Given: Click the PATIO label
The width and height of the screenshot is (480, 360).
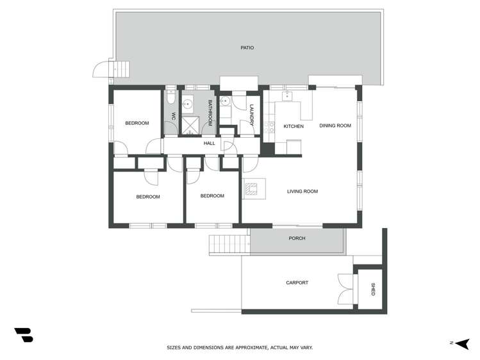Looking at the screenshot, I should pyautogui.click(x=247, y=47).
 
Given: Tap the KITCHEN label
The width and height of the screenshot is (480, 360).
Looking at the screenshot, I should pyautogui.click(x=294, y=126).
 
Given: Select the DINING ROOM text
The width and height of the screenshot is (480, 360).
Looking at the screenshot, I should pyautogui.click(x=335, y=126).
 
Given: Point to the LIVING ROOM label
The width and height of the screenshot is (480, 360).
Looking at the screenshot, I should pyautogui.click(x=302, y=192).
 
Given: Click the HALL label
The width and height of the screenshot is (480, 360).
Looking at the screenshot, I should pyautogui.click(x=209, y=143).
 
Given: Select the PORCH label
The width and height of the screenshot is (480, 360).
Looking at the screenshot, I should pyautogui.click(x=297, y=238).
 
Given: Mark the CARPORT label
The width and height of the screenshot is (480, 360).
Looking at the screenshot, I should pyautogui.click(x=297, y=282).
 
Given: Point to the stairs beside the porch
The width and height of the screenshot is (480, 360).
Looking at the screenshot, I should pyautogui.click(x=228, y=245).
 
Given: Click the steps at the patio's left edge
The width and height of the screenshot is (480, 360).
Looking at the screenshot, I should pyautogui.click(x=120, y=68).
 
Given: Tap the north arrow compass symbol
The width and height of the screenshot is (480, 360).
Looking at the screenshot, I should pyautogui.click(x=461, y=343).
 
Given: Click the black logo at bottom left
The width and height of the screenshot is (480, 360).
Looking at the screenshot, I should pyautogui.click(x=24, y=334).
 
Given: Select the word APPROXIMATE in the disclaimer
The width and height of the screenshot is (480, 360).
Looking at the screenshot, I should pyautogui.click(x=243, y=348).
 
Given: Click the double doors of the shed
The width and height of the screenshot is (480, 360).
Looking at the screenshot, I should pyautogui.click(x=346, y=288).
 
